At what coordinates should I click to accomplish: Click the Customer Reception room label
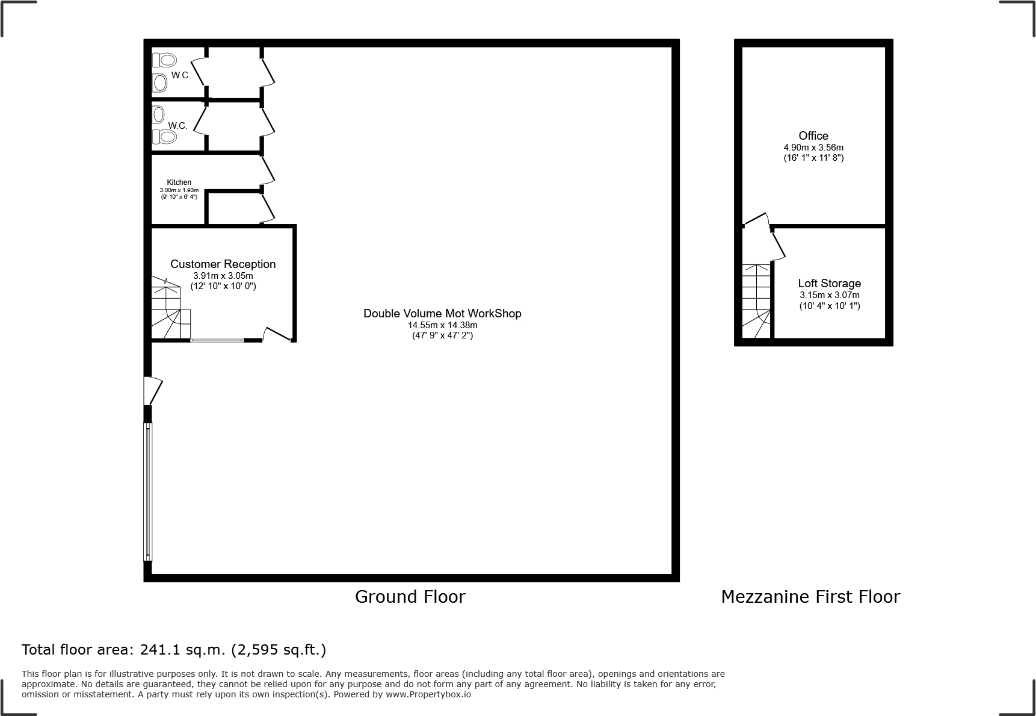(223, 264)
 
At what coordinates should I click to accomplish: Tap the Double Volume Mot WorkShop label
(442, 313)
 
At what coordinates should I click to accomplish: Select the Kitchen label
(179, 182)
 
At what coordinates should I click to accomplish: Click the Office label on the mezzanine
(813, 135)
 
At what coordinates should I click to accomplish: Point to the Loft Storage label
(830, 283)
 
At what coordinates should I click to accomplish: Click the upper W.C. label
(181, 75)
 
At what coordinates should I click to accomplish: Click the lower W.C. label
(178, 126)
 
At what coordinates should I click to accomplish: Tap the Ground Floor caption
(410, 597)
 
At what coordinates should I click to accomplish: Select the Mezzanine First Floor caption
(810, 597)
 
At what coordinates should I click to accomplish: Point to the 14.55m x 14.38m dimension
(443, 325)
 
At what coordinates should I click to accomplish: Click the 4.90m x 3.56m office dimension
(813, 148)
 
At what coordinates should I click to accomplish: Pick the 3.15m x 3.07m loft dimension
(830, 295)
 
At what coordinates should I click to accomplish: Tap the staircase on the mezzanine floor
(757, 301)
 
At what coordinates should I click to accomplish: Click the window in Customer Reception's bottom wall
(217, 340)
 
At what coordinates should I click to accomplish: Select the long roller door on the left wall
(148, 491)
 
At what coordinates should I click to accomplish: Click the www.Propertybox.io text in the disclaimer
(428, 694)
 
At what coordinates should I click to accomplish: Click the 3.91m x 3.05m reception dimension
(223, 276)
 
